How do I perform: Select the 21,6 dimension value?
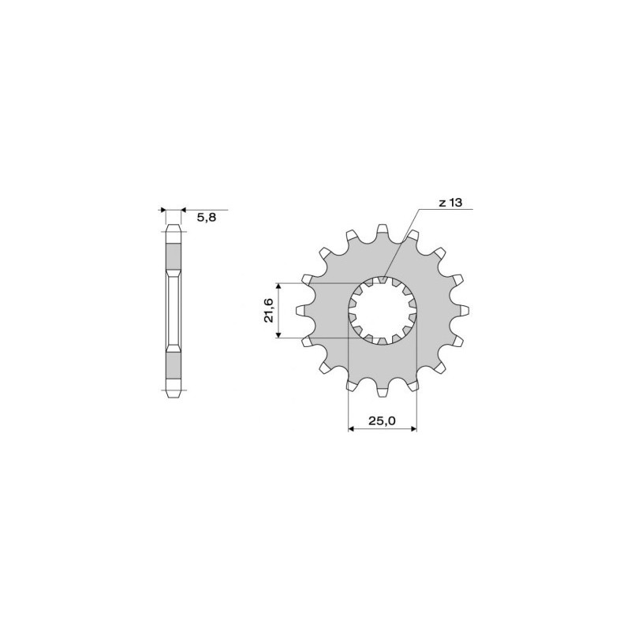coord(269,310)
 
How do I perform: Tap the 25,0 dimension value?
coord(382,421)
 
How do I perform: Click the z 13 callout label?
coord(450,203)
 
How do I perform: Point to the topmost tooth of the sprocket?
coord(382,230)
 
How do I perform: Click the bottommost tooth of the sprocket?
coord(382,391)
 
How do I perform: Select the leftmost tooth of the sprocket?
coord(301,311)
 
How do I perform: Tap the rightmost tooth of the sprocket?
coord(463,311)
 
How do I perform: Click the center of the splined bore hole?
coord(382,311)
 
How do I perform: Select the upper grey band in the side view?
coord(173,253)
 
